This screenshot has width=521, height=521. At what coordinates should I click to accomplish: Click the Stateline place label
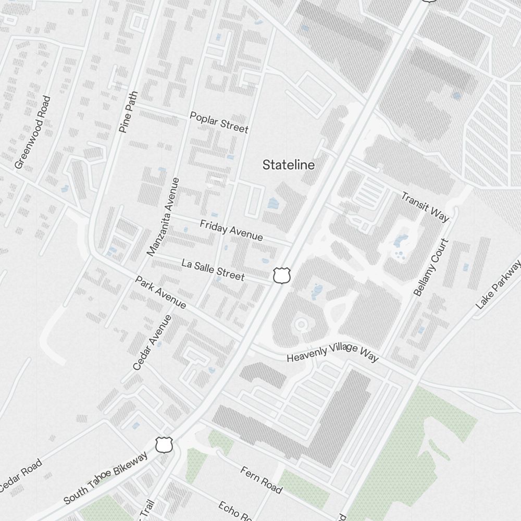click(289, 165)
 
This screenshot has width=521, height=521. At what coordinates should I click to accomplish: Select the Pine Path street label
click(129, 112)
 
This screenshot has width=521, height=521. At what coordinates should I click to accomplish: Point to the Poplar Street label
click(219, 122)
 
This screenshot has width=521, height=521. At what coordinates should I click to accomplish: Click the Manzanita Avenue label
click(163, 217)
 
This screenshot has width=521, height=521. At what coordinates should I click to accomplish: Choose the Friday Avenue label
click(231, 230)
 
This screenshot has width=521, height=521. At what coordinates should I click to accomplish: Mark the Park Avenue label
click(160, 292)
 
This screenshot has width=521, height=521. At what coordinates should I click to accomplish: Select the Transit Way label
click(425, 206)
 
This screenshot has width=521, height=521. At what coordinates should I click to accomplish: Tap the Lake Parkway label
click(499, 284)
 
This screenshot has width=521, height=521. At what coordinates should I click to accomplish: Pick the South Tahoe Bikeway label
click(105, 478)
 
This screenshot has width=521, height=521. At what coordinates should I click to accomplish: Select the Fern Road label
click(262, 480)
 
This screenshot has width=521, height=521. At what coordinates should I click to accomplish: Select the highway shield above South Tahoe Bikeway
click(164, 445)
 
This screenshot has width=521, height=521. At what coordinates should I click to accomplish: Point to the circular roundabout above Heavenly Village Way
click(301, 325)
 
